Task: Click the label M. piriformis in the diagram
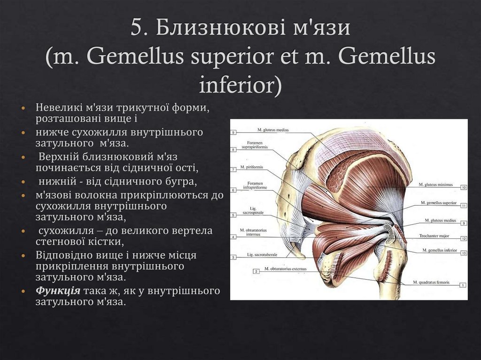251,167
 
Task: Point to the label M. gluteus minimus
435,185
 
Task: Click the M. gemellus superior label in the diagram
439,203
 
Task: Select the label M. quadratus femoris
431,283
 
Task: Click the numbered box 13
463,253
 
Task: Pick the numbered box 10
463,187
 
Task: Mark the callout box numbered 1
463,285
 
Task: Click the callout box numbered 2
256,271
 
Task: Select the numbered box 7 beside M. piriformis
233,169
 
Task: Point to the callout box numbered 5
233,215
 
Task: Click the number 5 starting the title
137,28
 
